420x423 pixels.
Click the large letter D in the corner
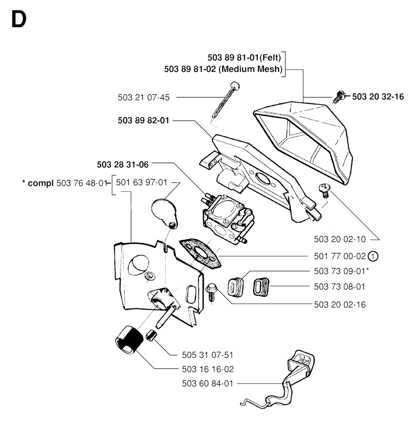tap(19, 19)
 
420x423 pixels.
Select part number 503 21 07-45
tap(144, 97)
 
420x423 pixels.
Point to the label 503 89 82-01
tap(144, 121)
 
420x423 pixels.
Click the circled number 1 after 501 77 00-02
tap(373, 256)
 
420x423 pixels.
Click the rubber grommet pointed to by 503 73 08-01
tap(261, 285)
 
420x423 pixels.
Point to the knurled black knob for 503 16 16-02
tap(128, 339)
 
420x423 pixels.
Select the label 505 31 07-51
tap(208, 355)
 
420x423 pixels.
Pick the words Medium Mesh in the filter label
tap(251, 69)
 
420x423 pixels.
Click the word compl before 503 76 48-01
tap(41, 183)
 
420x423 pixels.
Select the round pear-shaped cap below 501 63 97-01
tap(164, 211)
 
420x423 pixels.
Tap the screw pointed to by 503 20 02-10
tap(324, 189)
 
